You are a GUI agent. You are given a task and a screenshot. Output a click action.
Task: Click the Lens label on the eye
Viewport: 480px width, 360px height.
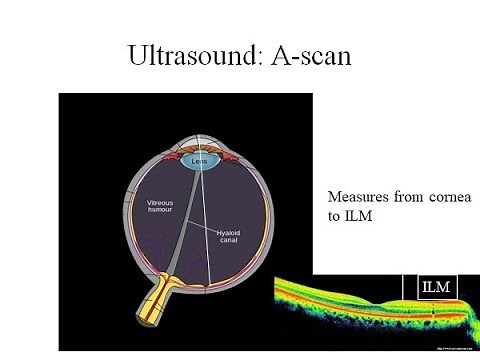pyautogui.click(x=200, y=158)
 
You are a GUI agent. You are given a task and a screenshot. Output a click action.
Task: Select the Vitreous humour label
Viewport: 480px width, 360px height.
pyautogui.click(x=166, y=205)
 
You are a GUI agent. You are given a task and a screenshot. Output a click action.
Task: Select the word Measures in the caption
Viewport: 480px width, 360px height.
pyautogui.click(x=358, y=197)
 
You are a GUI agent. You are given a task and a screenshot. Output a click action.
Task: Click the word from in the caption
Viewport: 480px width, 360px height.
pyautogui.click(x=407, y=197)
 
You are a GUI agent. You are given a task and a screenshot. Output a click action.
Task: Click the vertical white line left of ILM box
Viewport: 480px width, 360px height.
pyautogui.click(x=406, y=287)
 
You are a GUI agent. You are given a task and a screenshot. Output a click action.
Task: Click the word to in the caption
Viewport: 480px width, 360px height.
pyautogui.click(x=335, y=217)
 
